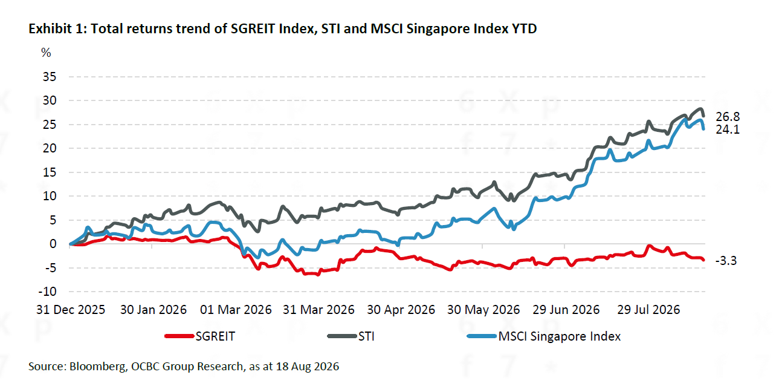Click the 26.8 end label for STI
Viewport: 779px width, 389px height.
pyautogui.click(x=728, y=117)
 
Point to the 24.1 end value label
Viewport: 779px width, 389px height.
pyautogui.click(x=728, y=129)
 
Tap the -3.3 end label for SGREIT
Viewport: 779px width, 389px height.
pyautogui.click(x=726, y=261)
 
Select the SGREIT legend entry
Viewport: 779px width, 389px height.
pyautogui.click(x=200, y=336)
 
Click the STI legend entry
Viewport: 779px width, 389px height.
pyautogui.click(x=351, y=336)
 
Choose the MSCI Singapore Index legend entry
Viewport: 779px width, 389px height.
pyautogui.click(x=544, y=336)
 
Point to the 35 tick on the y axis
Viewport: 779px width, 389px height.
pyautogui.click(x=50, y=77)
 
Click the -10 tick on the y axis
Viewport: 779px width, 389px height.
pyautogui.click(x=47, y=292)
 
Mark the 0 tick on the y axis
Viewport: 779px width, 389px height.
pyautogui.click(x=53, y=244)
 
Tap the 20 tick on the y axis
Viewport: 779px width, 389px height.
pyautogui.click(x=50, y=148)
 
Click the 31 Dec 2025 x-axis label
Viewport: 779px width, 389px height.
pyautogui.click(x=71, y=310)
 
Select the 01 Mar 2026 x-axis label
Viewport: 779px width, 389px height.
pyautogui.click(x=236, y=310)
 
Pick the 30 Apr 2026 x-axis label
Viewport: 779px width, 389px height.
pyautogui.click(x=401, y=310)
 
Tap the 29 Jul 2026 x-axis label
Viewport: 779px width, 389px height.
pyautogui.click(x=648, y=310)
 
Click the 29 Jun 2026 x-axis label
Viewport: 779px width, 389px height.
pyautogui.click(x=566, y=310)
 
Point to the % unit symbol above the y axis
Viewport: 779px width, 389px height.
pyautogui.click(x=46, y=53)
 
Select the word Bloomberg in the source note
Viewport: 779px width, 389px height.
pyautogui.click(x=98, y=367)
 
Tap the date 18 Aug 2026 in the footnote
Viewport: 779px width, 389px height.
pyautogui.click(x=308, y=367)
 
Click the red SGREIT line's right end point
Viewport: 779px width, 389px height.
pyautogui.click(x=703, y=260)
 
